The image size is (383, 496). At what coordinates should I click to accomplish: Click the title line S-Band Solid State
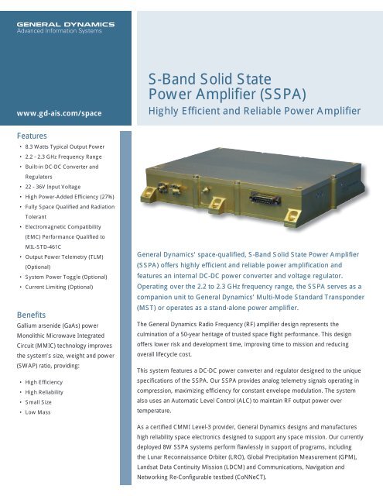[200, 79]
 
